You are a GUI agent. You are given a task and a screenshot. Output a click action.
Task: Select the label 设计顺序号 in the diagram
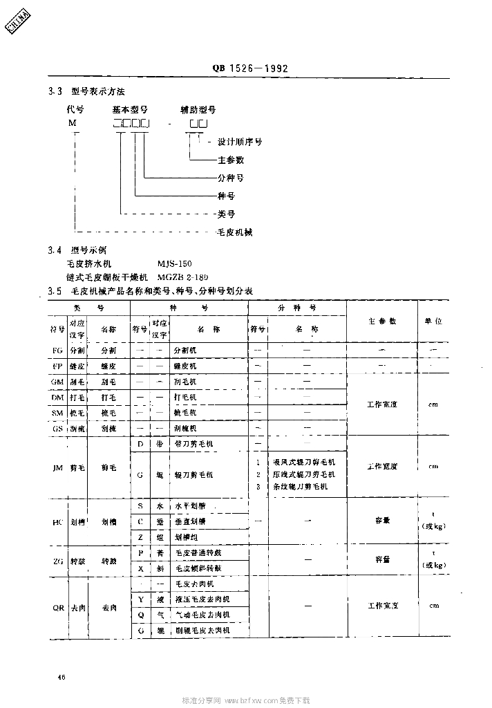click(240, 142)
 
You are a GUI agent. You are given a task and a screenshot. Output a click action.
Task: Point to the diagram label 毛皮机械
click(235, 232)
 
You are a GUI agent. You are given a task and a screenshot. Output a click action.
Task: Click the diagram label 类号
click(226, 214)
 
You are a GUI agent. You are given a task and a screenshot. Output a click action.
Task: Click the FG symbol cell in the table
click(57, 351)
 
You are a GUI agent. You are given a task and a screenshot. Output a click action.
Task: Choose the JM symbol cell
click(57, 467)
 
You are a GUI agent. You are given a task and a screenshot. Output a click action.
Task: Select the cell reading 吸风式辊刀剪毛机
click(304, 461)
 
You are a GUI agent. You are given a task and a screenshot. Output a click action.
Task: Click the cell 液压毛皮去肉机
click(202, 599)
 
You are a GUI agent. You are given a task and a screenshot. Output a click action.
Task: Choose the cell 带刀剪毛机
click(193, 442)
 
